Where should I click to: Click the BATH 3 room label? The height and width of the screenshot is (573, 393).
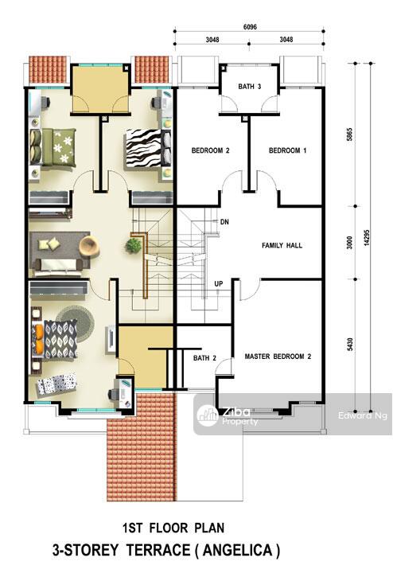[250, 87]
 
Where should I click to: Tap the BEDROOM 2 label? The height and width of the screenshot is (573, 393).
[210, 150]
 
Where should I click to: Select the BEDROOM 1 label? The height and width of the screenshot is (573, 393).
[287, 150]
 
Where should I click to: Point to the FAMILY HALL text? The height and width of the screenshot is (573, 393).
[282, 246]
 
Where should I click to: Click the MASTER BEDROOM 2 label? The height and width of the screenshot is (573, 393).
[278, 357]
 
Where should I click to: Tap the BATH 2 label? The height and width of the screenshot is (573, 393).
[204, 358]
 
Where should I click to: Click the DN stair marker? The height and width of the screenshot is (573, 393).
[224, 222]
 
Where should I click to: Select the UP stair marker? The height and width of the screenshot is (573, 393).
[219, 283]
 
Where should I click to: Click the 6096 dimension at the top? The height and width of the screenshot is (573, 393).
[250, 27]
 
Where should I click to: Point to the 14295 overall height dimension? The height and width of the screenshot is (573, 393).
[366, 237]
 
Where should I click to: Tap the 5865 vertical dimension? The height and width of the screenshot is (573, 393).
[349, 134]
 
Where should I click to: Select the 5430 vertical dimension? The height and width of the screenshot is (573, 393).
[349, 345]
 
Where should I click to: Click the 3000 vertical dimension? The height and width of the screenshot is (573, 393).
[349, 243]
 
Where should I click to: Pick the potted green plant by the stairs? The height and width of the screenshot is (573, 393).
[134, 245]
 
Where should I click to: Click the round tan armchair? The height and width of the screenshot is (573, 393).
[89, 245]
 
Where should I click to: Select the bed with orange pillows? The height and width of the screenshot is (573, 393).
[55, 339]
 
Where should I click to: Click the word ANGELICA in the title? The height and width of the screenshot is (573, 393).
[237, 550]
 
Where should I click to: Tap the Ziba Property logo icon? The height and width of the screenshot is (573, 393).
[207, 415]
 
